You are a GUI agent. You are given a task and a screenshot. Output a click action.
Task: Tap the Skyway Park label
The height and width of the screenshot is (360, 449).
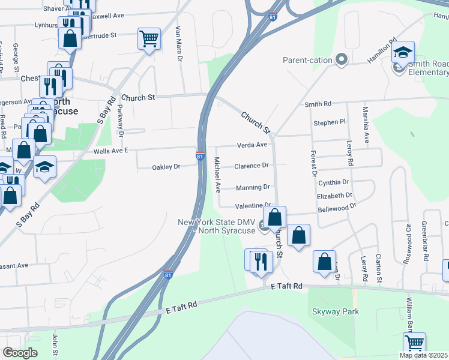(x=335, y=311)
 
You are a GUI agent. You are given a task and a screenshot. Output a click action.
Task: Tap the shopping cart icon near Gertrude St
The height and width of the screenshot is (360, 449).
(x=149, y=39)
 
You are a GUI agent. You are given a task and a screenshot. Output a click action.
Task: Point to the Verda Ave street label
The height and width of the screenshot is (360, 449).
(x=252, y=145)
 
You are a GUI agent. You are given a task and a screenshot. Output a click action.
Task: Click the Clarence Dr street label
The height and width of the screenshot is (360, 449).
(x=251, y=166)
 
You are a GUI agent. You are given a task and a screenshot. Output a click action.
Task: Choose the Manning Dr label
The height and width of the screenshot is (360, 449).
(x=252, y=187)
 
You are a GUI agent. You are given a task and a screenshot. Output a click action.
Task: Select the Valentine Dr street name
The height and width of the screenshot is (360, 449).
(x=254, y=206)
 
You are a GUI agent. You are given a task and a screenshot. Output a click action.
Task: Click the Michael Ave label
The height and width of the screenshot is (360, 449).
(x=217, y=175)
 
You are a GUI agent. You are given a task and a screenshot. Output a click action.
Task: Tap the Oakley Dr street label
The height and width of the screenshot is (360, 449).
(x=168, y=167)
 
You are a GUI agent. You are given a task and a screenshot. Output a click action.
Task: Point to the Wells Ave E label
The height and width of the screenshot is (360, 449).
(x=112, y=152)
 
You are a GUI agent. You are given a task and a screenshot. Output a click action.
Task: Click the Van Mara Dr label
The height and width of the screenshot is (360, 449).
(x=178, y=43)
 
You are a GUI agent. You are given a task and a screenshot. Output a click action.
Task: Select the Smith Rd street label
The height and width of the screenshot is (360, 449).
(x=318, y=104)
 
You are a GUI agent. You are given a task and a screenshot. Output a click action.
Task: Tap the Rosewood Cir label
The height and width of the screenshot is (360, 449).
(x=410, y=239)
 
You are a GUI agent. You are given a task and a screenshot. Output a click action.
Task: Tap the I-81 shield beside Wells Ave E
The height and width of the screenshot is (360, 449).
(x=199, y=157)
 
